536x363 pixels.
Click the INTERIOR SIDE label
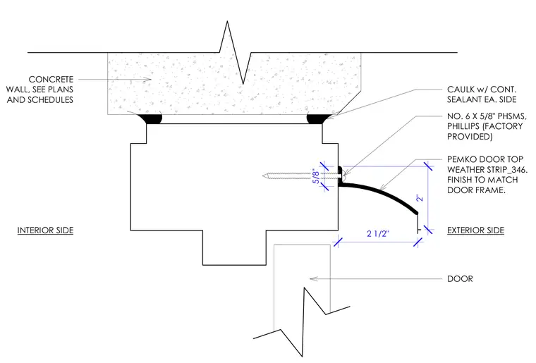click(x=45, y=230)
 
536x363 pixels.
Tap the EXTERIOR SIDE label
click(x=475, y=230)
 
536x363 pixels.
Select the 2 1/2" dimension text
click(x=378, y=233)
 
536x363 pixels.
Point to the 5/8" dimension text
click(x=316, y=177)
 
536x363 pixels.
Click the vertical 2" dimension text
click(x=420, y=198)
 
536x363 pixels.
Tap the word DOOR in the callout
click(x=460, y=278)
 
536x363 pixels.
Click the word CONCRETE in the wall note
click(x=51, y=79)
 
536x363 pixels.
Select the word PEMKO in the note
click(x=461, y=159)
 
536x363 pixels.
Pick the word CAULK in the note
click(x=459, y=90)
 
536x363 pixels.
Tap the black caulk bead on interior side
click(x=150, y=118)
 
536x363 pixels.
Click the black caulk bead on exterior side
click(x=318, y=118)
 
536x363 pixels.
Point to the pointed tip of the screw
click(x=263, y=176)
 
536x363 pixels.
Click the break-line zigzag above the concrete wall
click(x=235, y=53)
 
